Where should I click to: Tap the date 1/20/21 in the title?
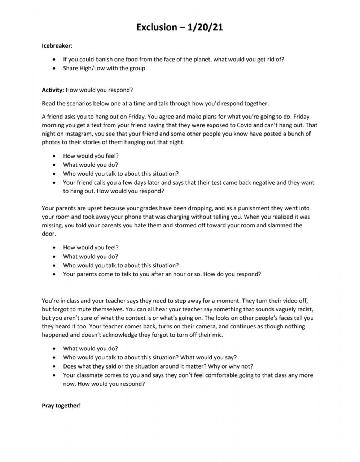point(206,27)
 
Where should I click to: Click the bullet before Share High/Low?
point(54,69)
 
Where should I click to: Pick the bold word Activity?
point(53,90)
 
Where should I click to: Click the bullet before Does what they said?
point(54,366)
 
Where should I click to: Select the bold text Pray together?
point(61,406)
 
